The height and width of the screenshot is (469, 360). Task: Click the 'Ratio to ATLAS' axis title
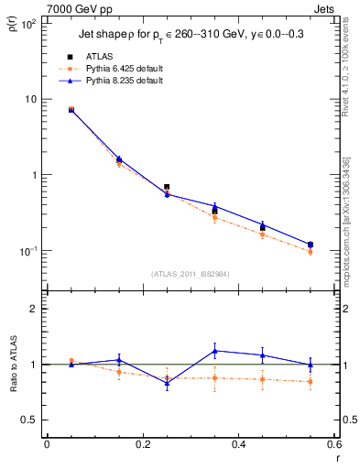click(x=14, y=365)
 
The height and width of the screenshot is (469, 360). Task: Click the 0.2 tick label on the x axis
click(x=142, y=444)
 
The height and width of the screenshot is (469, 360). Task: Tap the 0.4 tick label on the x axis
click(x=238, y=444)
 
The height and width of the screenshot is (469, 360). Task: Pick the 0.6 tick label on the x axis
click(x=333, y=444)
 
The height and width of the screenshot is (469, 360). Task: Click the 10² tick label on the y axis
click(x=29, y=24)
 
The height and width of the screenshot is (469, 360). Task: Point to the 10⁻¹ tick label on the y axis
click(x=29, y=251)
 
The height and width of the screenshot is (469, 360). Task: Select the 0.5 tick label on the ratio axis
click(x=30, y=420)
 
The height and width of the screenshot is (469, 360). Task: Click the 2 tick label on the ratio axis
click(x=35, y=309)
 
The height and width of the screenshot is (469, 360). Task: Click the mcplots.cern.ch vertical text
click(x=350, y=229)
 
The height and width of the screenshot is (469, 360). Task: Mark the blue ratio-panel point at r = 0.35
click(x=214, y=351)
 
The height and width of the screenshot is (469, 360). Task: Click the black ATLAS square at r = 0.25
click(x=167, y=187)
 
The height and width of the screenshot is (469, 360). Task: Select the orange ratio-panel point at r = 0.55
click(x=311, y=382)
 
